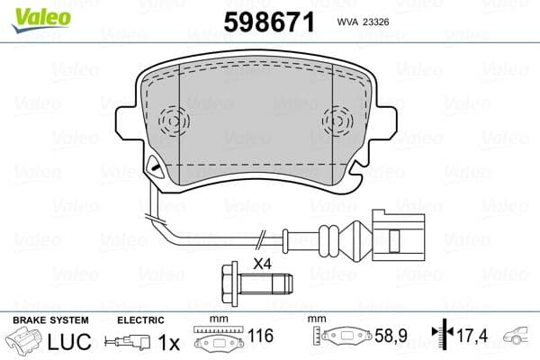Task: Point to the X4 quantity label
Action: tap(263, 263)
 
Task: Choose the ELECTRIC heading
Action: tap(140, 320)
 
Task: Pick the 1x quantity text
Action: tap(168, 343)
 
